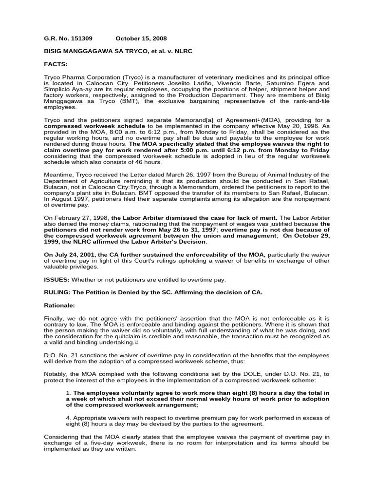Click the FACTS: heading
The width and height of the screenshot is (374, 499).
pos(56,63)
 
